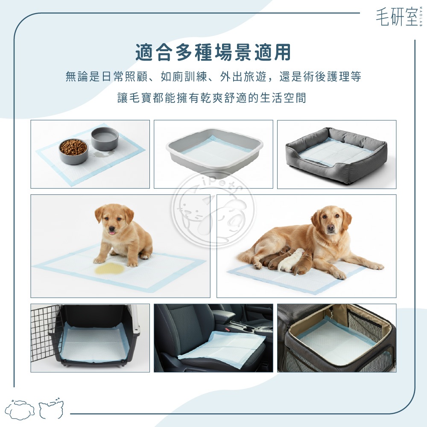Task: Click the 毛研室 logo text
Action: [x=397, y=17]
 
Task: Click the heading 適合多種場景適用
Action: [x=213, y=52]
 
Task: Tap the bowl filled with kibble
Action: [x=73, y=151]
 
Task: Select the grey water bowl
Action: [x=105, y=139]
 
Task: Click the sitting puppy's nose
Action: [x=111, y=229]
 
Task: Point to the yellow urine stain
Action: [x=109, y=268]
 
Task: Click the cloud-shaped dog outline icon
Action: [x=20, y=409]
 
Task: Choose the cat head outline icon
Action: [x=51, y=409]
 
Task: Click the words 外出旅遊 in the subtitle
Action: [x=243, y=77]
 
